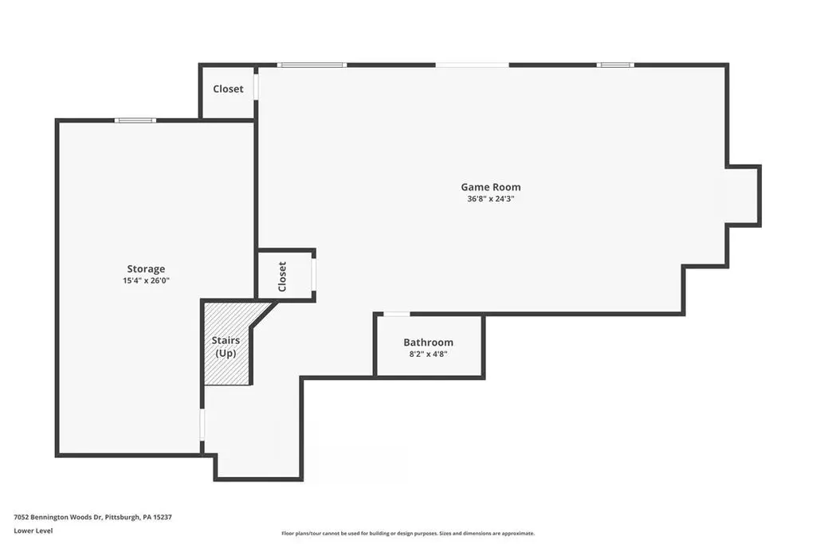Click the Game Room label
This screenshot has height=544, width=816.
[x=491, y=186]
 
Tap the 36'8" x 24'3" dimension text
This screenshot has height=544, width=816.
[x=491, y=198]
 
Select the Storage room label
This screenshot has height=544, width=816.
[x=146, y=269]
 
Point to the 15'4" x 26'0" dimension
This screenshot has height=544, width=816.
[x=147, y=281]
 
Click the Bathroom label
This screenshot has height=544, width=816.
[x=428, y=342]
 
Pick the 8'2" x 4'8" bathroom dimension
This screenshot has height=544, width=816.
[x=428, y=354]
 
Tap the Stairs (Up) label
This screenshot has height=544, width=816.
[x=226, y=347]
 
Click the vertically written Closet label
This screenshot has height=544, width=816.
[x=282, y=276]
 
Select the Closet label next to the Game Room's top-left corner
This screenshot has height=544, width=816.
[x=228, y=89]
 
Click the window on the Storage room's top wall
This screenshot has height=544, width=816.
[x=135, y=120]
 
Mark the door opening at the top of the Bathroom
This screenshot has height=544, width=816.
[x=397, y=314]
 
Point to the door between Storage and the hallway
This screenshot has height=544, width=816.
[x=202, y=425]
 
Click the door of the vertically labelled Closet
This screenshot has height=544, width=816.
[x=314, y=273]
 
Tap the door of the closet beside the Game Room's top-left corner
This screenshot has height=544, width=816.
[x=256, y=87]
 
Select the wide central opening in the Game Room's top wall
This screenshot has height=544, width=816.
[x=472, y=65]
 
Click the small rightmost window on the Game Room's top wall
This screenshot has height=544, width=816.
[x=615, y=65]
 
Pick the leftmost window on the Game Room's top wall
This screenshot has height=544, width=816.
[x=312, y=65]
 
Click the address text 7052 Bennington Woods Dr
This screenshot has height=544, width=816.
[x=58, y=517]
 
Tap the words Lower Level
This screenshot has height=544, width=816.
[x=33, y=530]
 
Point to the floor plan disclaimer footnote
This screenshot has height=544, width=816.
[x=408, y=533]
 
